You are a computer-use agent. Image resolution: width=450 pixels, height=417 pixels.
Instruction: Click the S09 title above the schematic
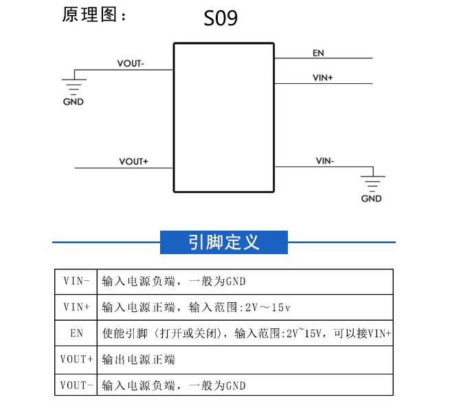point(221,18)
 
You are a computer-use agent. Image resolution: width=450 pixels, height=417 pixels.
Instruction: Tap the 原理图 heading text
point(89,14)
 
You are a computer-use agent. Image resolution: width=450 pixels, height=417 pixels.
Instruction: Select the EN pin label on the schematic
point(318,53)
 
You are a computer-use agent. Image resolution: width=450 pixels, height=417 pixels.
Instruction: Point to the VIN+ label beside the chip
point(323,78)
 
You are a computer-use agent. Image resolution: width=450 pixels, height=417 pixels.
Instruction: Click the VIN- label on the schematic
point(325,161)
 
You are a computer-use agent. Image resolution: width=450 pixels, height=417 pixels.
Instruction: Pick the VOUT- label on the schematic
point(131,63)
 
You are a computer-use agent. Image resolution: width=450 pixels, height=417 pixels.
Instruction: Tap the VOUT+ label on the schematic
point(133,161)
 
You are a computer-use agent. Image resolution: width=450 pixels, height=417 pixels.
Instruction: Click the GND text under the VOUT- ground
point(74,102)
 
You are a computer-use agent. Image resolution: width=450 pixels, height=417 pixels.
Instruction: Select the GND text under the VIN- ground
point(372,199)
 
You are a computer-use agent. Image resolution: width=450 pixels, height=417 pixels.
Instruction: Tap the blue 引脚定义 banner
point(224,243)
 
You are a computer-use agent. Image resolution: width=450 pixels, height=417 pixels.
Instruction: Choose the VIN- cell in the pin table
point(76,281)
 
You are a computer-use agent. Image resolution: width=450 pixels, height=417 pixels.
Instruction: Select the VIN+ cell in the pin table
point(76,307)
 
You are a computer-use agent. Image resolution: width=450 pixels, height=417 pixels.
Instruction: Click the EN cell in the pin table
point(76,333)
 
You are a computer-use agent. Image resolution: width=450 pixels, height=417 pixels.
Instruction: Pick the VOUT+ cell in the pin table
point(76,359)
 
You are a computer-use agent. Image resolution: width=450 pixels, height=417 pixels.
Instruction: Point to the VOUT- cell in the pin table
point(76,385)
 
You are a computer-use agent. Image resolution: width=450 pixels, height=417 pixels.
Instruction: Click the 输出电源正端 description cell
point(245,359)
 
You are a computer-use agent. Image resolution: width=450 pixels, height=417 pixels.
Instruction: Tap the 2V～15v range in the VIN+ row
point(268,307)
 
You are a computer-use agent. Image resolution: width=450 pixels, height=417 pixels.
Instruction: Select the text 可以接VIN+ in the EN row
point(363,333)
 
